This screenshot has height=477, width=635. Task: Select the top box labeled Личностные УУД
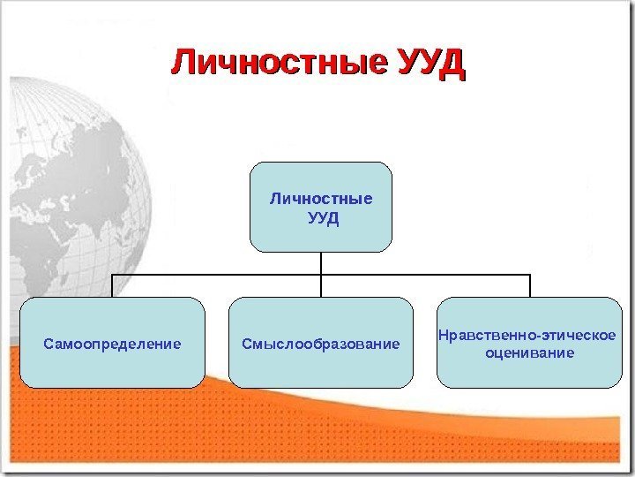320,207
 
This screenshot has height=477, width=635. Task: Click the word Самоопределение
112,343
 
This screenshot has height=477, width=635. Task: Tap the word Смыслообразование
321,343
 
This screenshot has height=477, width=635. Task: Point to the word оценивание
529,352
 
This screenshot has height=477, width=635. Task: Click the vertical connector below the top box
321,262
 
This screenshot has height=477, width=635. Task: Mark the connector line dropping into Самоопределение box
112,285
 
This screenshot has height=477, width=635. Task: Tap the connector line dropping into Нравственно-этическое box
530,285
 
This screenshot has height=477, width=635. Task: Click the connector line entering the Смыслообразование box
321,287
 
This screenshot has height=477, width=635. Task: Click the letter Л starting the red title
182,64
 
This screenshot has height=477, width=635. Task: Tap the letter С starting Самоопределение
49,343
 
